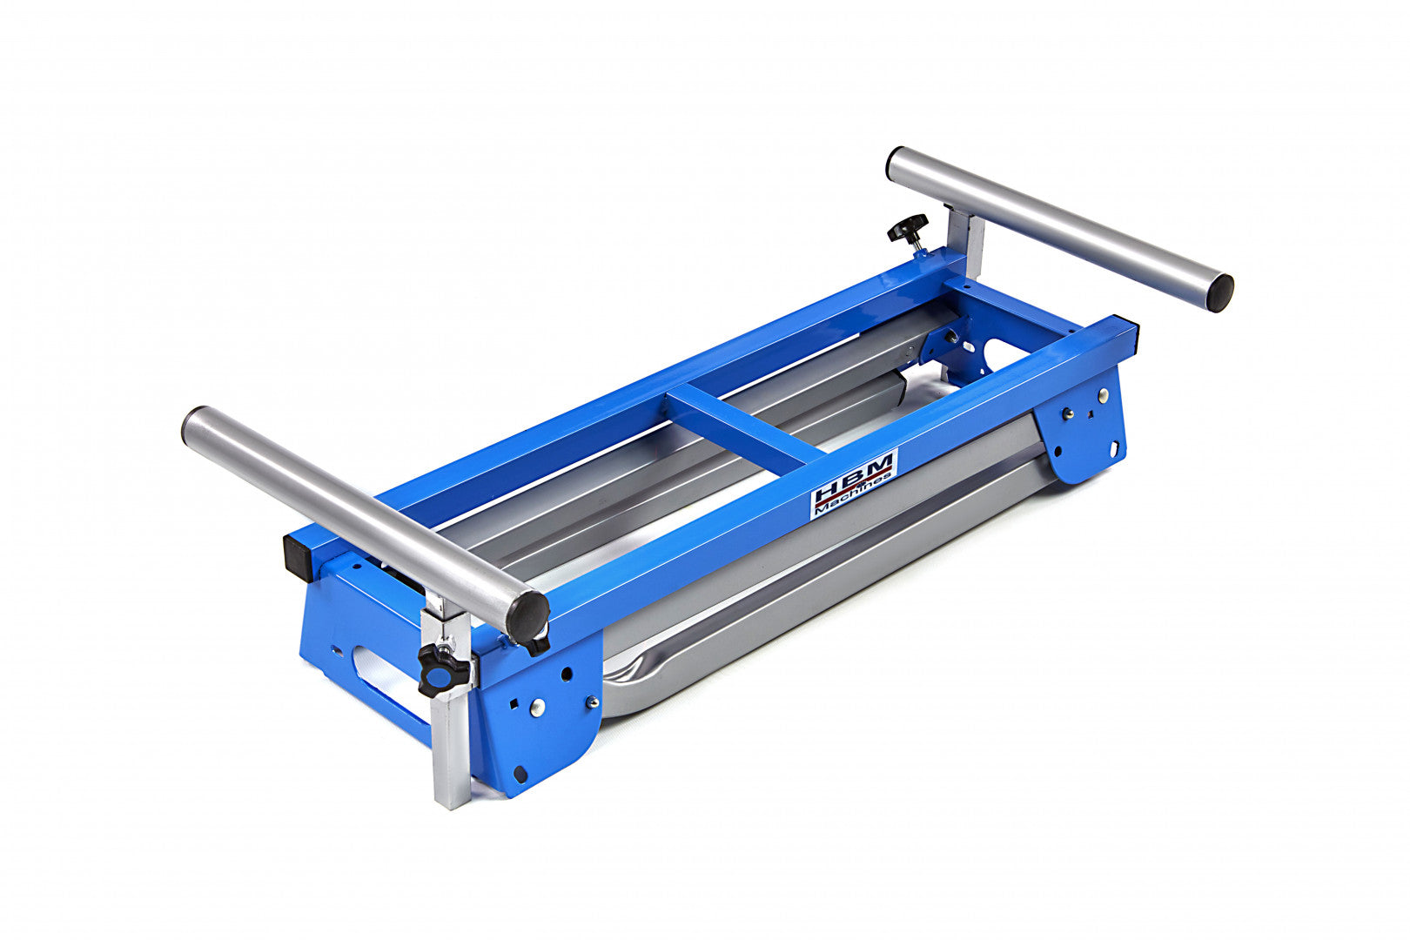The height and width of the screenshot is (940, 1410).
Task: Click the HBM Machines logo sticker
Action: (x=854, y=483)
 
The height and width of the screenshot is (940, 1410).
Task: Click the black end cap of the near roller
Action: (x=527, y=616)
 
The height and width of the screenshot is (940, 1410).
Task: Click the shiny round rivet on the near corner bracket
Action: (x=541, y=707)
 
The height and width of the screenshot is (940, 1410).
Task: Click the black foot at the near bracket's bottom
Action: (x=520, y=772)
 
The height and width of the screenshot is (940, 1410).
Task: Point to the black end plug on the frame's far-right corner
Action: (x=1132, y=327)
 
